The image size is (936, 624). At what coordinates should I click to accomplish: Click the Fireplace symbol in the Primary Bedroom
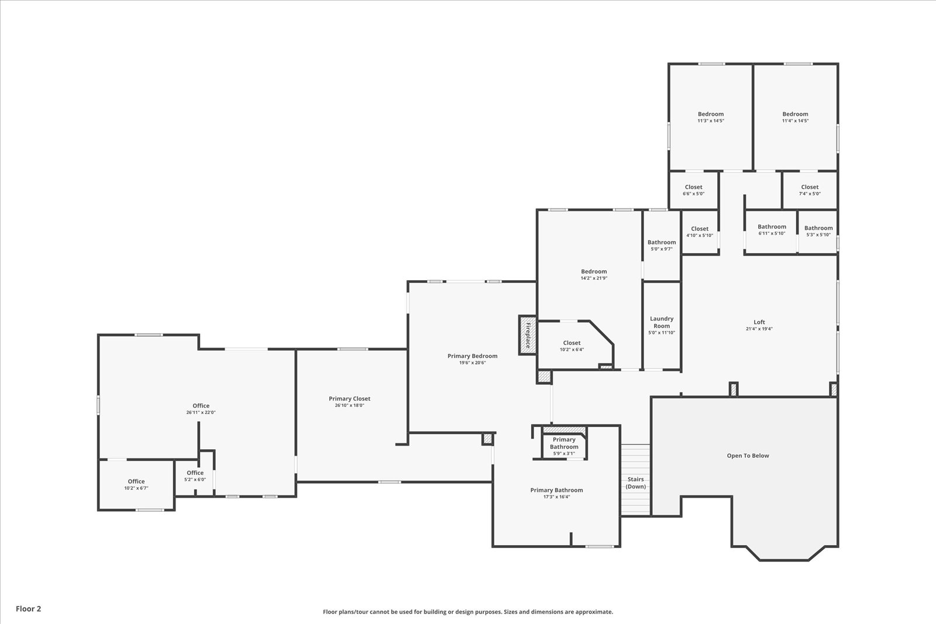coord(527,335)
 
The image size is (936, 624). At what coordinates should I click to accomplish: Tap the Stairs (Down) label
coord(635,483)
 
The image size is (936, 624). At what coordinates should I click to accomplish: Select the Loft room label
coord(759,322)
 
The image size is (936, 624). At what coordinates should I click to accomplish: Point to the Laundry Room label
coord(662,322)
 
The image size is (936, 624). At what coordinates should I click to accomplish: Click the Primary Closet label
coord(349,398)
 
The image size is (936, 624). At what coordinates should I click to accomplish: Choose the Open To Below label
coord(748,455)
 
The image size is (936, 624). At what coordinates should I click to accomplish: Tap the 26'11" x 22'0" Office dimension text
coord(201,412)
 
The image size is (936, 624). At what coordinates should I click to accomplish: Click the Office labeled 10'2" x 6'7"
coord(136,484)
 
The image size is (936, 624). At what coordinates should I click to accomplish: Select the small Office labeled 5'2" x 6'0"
coord(195,475)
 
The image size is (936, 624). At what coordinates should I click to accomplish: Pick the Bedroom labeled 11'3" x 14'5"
coord(711,117)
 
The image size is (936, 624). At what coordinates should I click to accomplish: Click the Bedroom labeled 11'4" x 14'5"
coord(795,117)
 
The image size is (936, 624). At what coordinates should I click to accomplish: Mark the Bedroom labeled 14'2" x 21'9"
coord(594,274)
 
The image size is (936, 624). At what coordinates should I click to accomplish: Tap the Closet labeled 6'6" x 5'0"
coord(694,190)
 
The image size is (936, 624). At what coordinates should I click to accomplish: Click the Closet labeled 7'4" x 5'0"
coord(810,190)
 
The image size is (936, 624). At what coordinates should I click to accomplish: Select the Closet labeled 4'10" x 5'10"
coord(700,232)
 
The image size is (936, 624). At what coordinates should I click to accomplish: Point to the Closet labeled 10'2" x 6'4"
coord(572,346)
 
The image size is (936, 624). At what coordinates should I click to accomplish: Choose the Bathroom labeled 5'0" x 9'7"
coord(662,245)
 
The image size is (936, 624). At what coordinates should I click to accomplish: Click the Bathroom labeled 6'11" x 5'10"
coord(772,230)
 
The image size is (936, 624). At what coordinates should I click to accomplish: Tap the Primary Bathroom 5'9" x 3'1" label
coord(564,446)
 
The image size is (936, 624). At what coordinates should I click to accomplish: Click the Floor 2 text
coord(29,609)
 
